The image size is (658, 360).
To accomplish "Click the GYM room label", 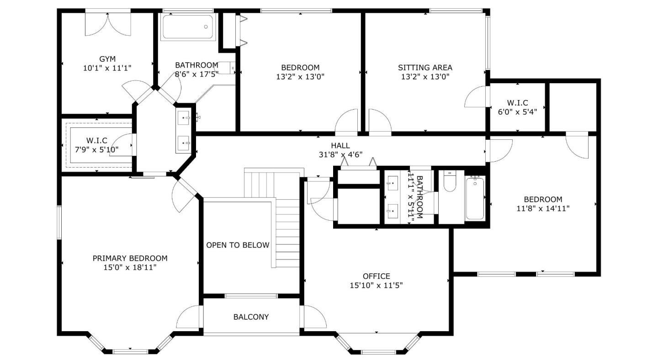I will (107, 59).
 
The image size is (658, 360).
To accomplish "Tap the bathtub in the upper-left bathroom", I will (187, 27).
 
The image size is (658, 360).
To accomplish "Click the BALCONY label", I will (251, 317).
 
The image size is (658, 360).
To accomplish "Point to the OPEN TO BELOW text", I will (238, 245).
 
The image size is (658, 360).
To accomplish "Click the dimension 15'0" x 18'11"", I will (130, 267).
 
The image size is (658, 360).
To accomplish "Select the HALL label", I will (340, 145).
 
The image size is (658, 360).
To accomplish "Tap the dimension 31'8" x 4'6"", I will (340, 154).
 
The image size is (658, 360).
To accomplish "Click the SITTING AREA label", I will (425, 68).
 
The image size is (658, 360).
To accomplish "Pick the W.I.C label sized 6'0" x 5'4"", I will (517, 103).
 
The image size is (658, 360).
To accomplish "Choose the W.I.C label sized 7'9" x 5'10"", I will (97, 140).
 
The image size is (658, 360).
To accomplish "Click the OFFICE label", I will (376, 276).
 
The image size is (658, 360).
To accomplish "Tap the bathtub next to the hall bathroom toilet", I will (475, 198).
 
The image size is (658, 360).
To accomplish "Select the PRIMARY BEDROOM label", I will (130, 258).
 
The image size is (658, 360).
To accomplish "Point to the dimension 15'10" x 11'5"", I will (376, 286).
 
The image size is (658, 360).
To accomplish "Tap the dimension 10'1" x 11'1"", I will (107, 68).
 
